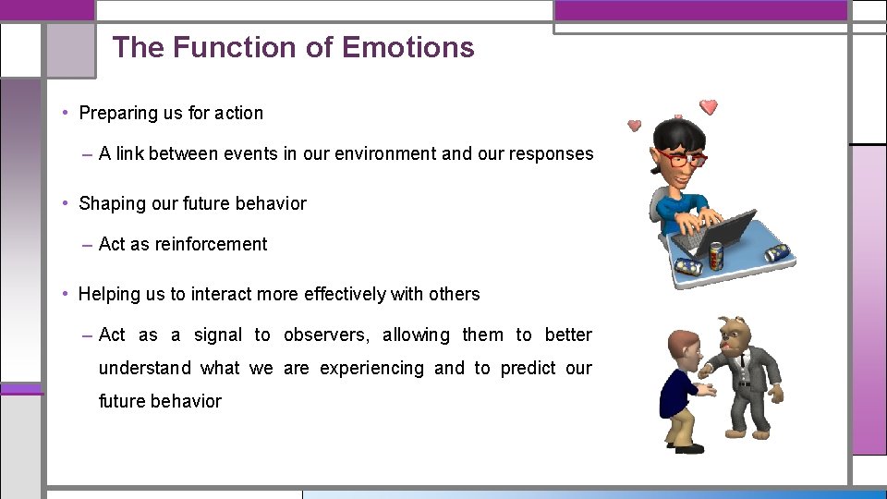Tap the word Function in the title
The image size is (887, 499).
click(235, 47)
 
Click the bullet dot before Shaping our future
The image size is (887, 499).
click(67, 203)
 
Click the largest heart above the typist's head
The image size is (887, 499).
click(709, 106)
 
